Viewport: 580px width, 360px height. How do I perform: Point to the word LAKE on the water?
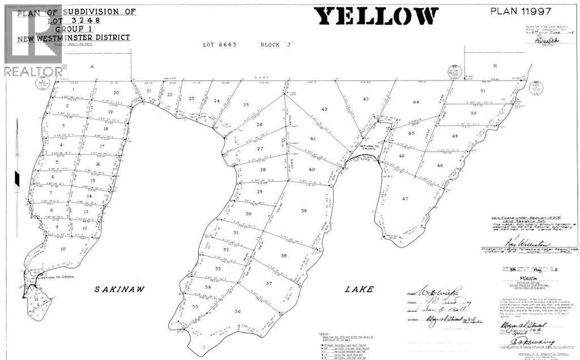(360, 289)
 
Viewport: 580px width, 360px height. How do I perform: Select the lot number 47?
(404, 199)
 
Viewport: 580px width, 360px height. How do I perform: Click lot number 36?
(237, 311)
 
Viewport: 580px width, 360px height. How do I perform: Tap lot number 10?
(63, 248)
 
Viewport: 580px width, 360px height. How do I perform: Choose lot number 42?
(325, 109)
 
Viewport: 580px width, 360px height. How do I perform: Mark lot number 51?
(483, 91)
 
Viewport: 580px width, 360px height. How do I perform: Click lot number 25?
(246, 105)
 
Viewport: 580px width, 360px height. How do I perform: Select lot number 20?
(116, 92)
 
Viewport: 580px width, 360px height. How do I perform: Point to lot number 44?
(416, 102)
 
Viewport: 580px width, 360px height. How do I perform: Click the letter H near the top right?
(494, 66)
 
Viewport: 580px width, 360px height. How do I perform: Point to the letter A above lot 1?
(91, 66)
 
